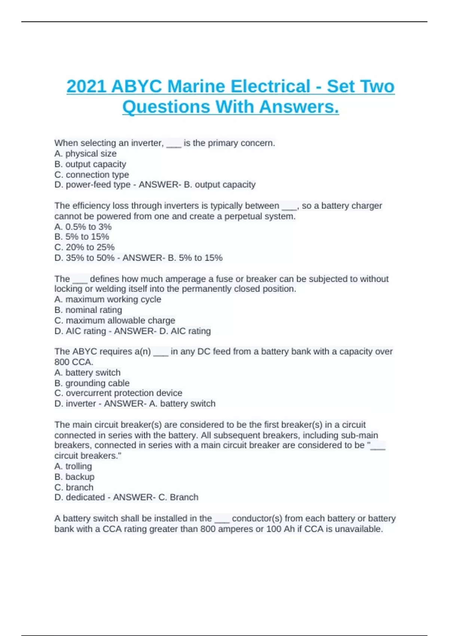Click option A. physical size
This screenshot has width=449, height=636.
[x=85, y=153]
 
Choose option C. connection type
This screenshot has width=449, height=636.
[x=92, y=174]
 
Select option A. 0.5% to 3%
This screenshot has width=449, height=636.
[x=83, y=227]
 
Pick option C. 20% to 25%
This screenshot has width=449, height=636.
[x=85, y=247]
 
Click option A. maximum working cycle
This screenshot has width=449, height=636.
[x=108, y=299]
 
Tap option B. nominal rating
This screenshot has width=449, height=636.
[x=88, y=310]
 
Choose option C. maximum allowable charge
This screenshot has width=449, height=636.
[x=115, y=320]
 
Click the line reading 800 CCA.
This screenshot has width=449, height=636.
[x=74, y=362]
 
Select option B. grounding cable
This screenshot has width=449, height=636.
[x=92, y=383]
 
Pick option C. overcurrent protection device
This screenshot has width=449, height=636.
[x=118, y=393]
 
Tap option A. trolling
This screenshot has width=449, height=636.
[x=73, y=466]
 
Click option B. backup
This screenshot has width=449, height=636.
[x=74, y=477]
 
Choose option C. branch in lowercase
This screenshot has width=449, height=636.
[x=74, y=487]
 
